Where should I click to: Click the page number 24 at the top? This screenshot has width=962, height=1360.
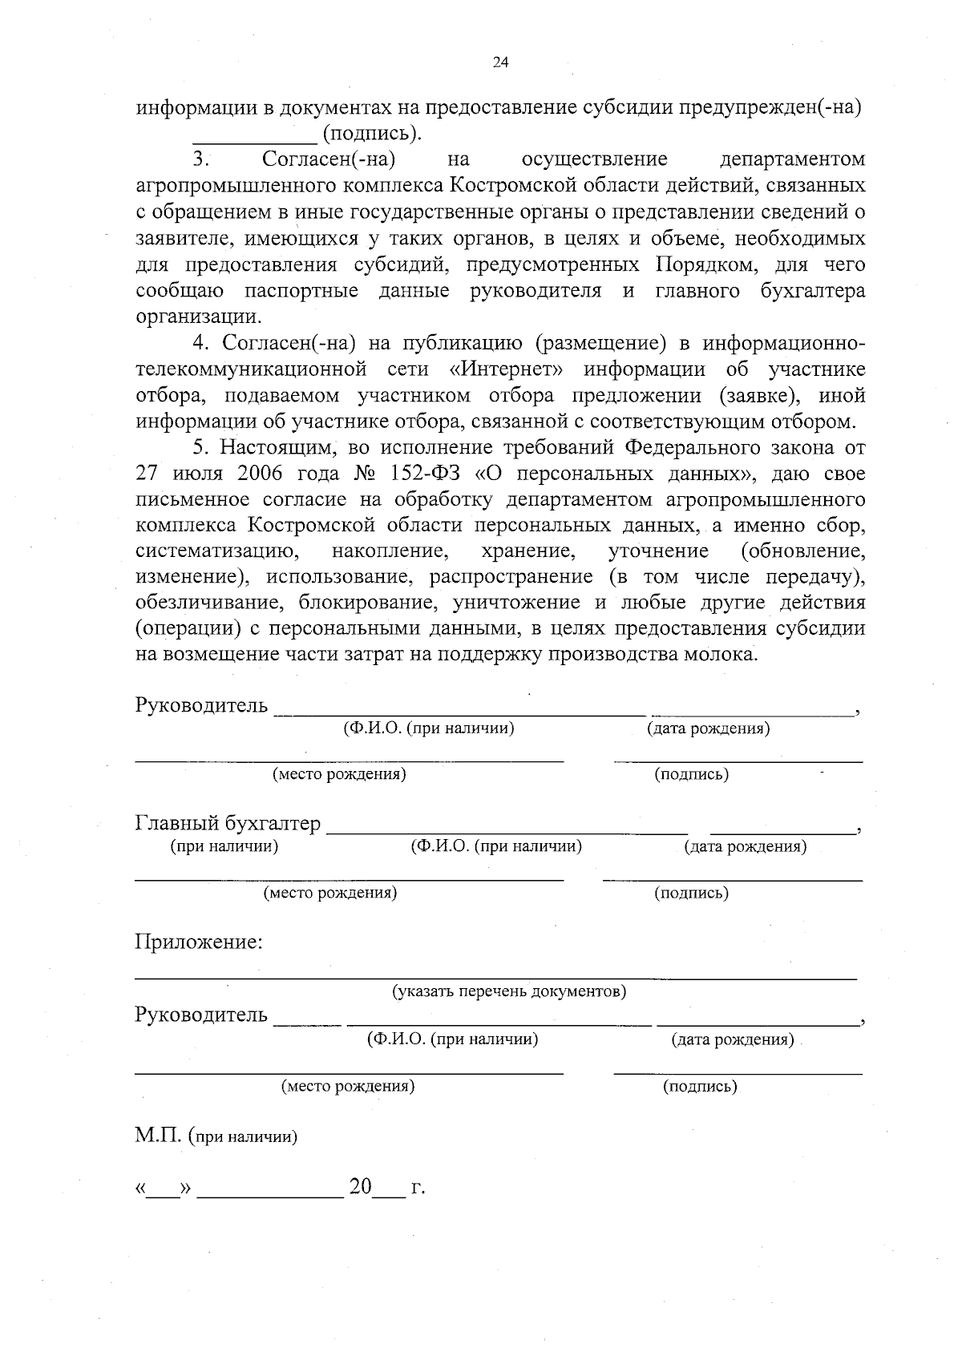pyautogui.click(x=500, y=64)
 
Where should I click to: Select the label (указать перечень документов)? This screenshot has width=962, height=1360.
pyautogui.click(x=508, y=992)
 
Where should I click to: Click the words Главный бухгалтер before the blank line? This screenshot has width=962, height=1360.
pyautogui.click(x=228, y=823)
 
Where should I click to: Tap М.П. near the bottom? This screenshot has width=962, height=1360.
pyautogui.click(x=158, y=1136)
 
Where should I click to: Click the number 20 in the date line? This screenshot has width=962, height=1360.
pyautogui.click(x=361, y=1187)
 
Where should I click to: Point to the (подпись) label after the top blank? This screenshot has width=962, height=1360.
pyautogui.click(x=370, y=133)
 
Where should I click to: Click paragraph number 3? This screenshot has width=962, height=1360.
pyautogui.click(x=200, y=159)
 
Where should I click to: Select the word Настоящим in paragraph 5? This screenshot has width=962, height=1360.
pyautogui.click(x=273, y=447)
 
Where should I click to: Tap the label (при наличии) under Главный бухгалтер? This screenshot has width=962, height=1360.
pyautogui.click(x=224, y=846)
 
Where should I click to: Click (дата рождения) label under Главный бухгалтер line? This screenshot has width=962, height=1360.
pyautogui.click(x=745, y=847)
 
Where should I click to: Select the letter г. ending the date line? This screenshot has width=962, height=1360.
pyautogui.click(x=417, y=1188)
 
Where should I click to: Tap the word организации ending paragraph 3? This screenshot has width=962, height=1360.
pyautogui.click(x=198, y=316)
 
